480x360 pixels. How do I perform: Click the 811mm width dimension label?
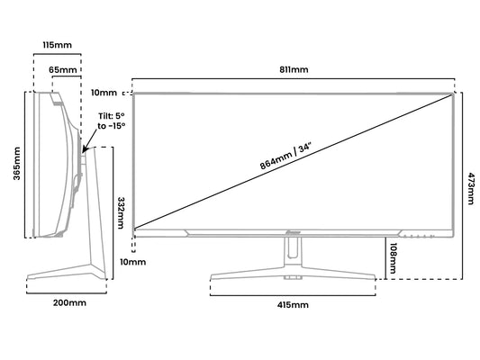coord(294,69)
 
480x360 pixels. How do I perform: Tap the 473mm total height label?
coord(471,188)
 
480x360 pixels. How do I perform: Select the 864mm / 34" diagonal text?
coord(285,157)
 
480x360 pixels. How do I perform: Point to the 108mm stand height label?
coord(392,258)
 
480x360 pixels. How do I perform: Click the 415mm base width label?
coord(293,305)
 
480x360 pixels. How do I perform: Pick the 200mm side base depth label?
coord(70,302)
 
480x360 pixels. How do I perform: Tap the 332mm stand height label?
coord(121,213)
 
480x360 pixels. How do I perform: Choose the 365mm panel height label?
coord(16,164)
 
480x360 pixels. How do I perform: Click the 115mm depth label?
coord(57,45)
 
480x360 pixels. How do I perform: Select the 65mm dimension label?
coord(63,70)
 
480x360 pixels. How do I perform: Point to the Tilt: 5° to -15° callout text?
coord(112,121)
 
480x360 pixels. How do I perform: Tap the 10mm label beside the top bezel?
coord(104,93)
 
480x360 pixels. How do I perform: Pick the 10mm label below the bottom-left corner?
coord(133,262)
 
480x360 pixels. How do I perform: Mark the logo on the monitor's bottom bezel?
coord(294,232)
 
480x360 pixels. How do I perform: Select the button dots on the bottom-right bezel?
coord(418,236)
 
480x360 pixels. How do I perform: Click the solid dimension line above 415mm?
coord(293,295)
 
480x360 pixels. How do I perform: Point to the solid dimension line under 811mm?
coord(294,78)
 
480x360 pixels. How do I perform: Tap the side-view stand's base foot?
coord(67,272)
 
